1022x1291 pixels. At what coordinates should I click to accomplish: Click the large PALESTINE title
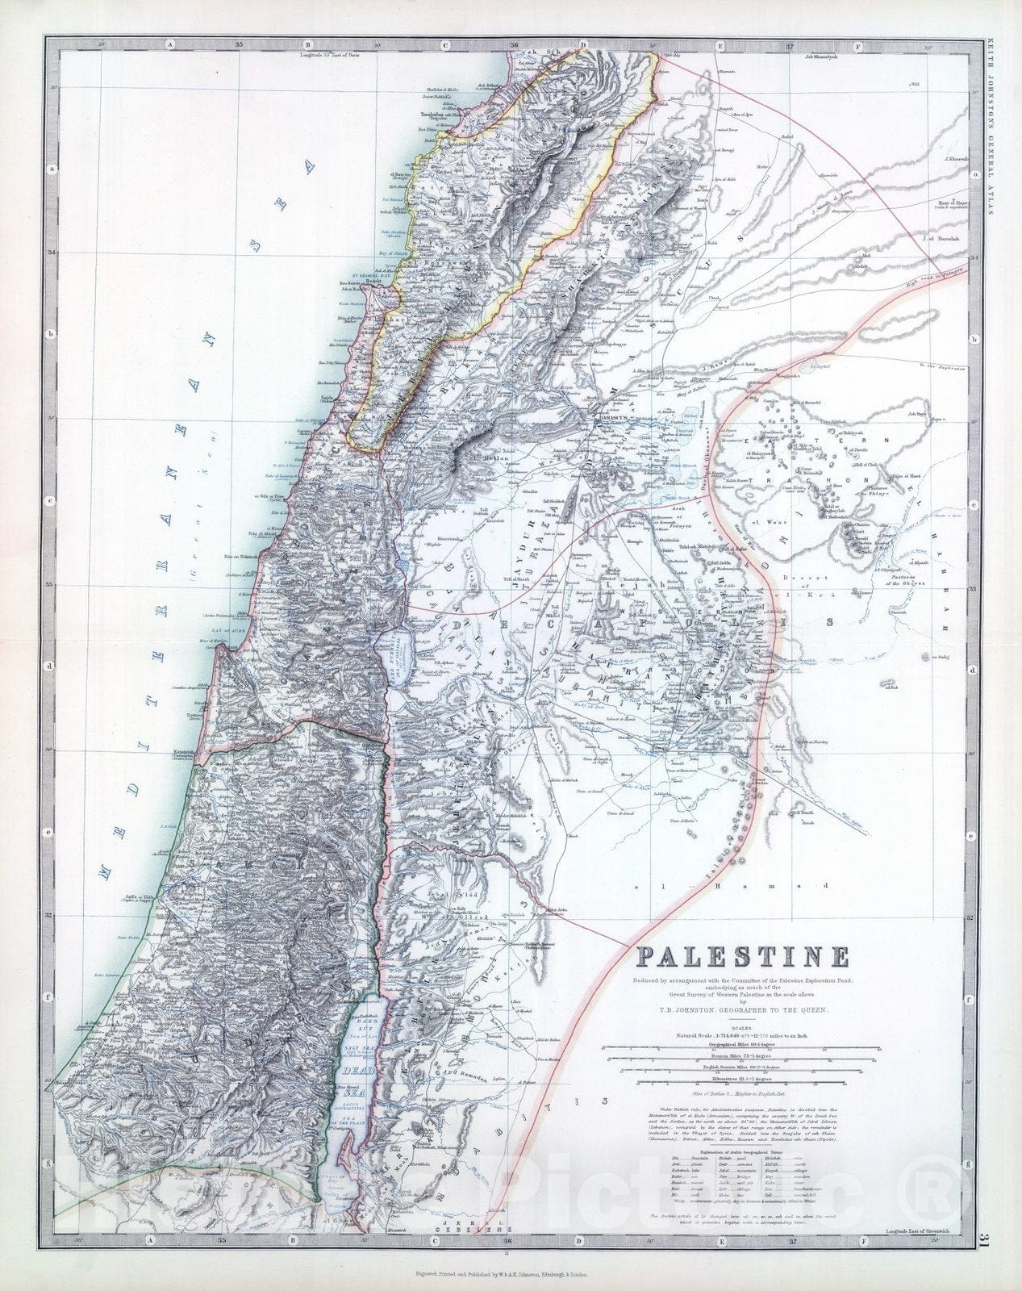[x=743, y=957]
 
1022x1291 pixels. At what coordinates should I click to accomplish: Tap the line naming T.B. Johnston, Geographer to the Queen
[x=742, y=1009]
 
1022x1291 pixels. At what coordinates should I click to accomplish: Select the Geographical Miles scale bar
[x=742, y=1047]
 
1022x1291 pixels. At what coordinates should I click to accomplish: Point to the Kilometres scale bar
[x=742, y=1080]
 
